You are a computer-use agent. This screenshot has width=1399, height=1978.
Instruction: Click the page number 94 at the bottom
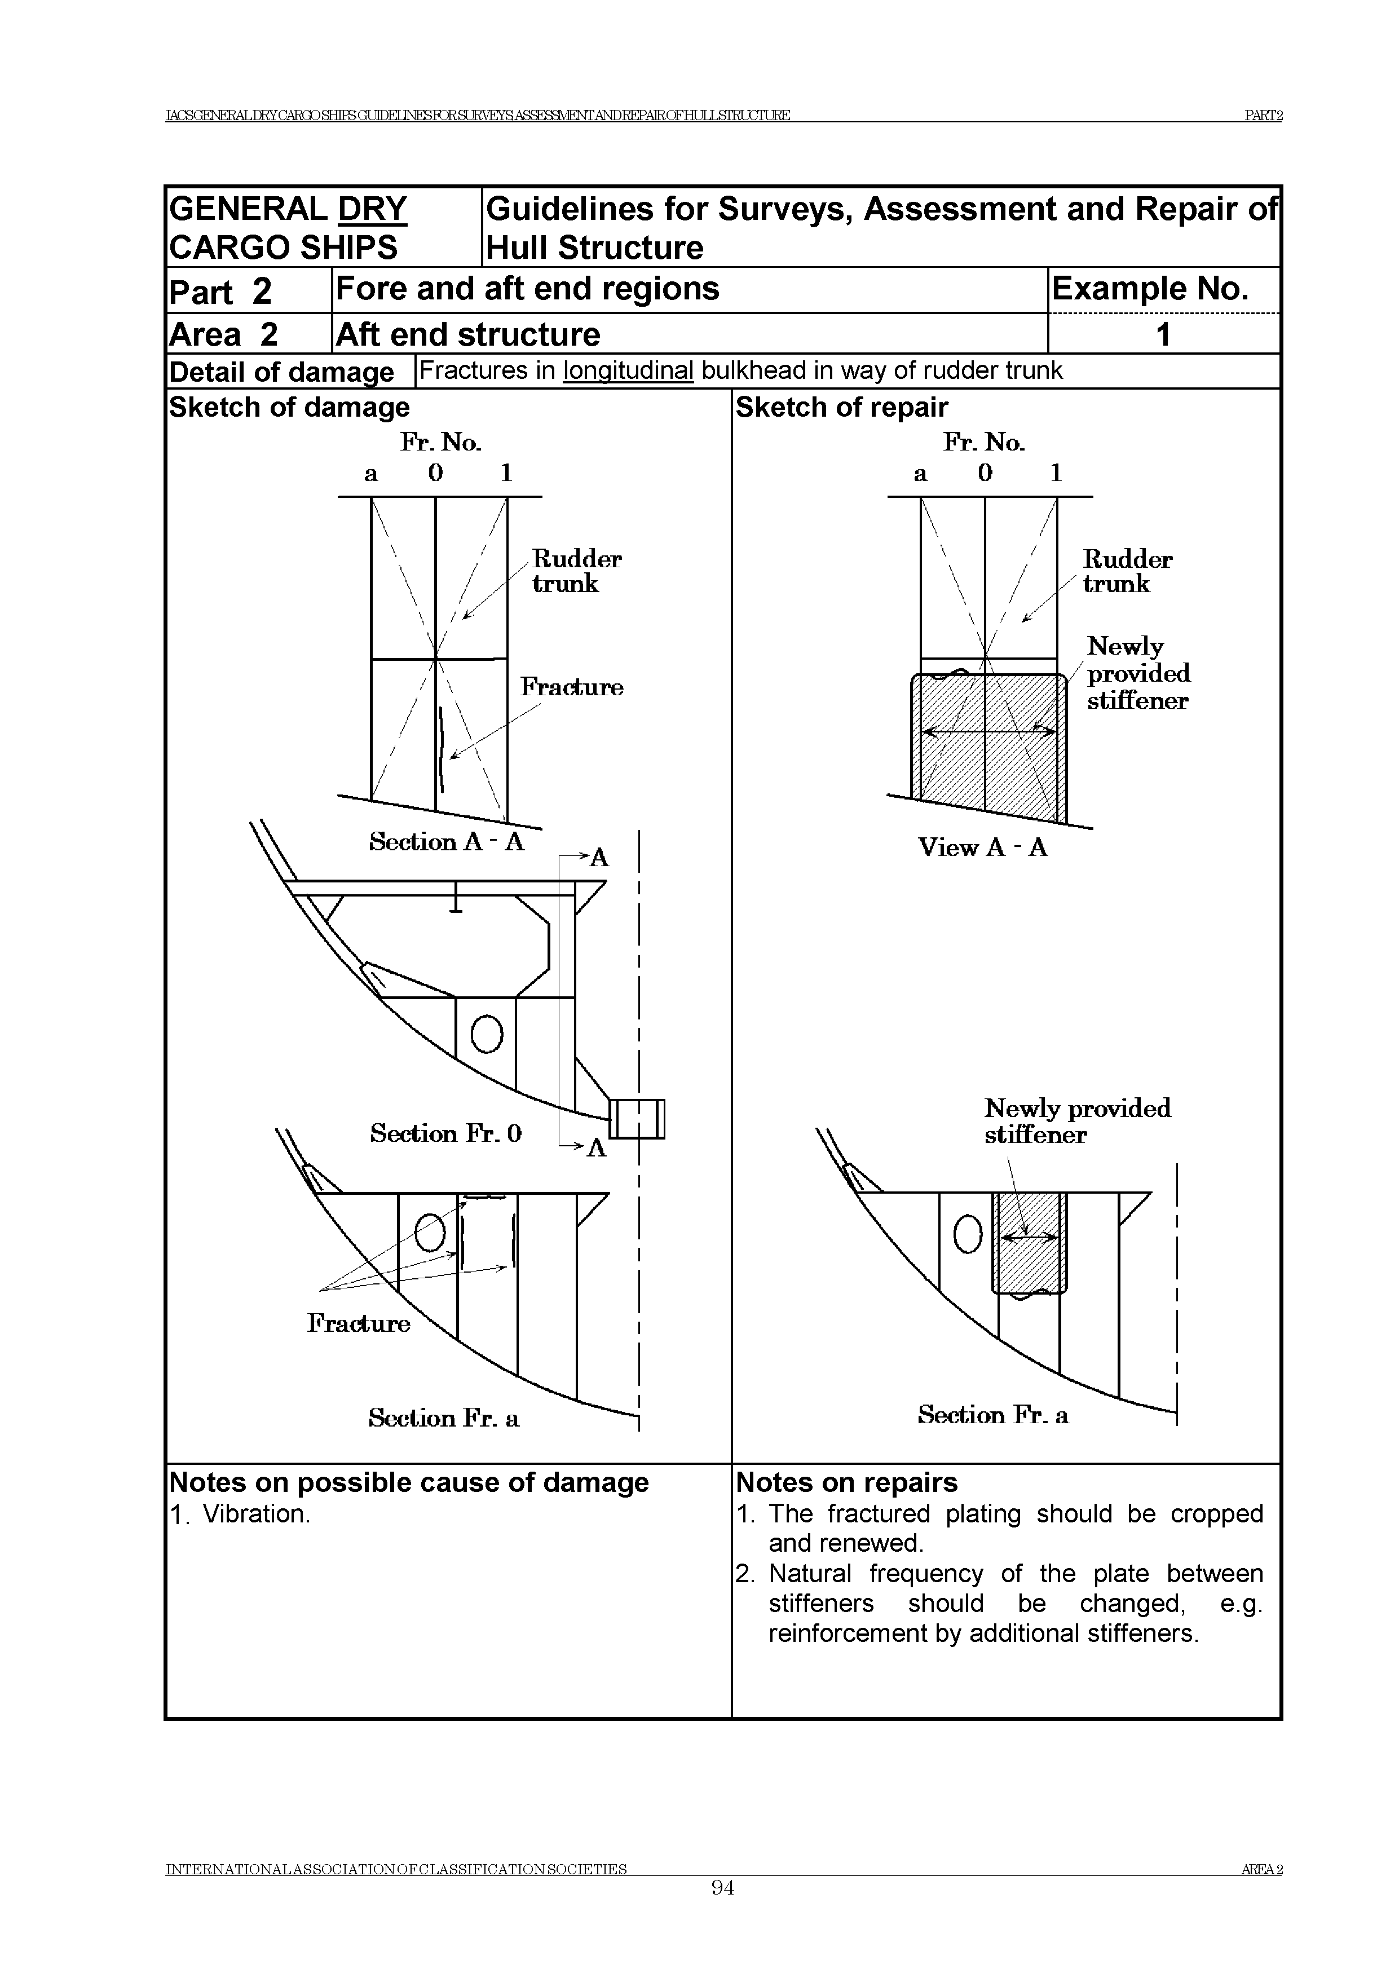tap(722, 1913)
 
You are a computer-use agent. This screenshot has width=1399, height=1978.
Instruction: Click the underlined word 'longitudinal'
tap(628, 370)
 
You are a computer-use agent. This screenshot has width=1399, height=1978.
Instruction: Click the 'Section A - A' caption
tap(446, 842)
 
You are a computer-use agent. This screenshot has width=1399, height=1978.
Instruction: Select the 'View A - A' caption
tap(982, 847)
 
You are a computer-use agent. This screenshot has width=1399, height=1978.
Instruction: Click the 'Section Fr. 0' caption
tap(445, 1133)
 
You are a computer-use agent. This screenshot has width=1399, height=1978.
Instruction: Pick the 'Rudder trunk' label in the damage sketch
tap(576, 571)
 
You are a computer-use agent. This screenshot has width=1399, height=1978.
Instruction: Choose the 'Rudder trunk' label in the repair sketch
tap(1127, 571)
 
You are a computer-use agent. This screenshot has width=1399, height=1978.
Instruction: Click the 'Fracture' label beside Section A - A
tap(571, 687)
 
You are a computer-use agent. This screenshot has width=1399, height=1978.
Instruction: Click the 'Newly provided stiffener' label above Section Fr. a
tap(1077, 1121)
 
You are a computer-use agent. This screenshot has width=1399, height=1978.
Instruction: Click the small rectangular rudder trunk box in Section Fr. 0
tap(638, 1119)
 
